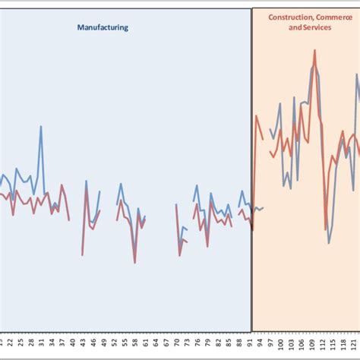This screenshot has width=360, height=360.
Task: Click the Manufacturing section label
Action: (x=103, y=27)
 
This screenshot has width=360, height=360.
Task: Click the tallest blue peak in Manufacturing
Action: (x=40, y=126)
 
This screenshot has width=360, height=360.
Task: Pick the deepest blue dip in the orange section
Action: (x=329, y=242)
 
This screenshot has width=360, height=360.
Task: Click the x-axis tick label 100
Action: (x=280, y=346)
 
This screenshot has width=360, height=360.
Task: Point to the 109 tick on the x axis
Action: (x=311, y=346)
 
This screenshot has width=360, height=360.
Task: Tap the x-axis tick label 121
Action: (x=353, y=346)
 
